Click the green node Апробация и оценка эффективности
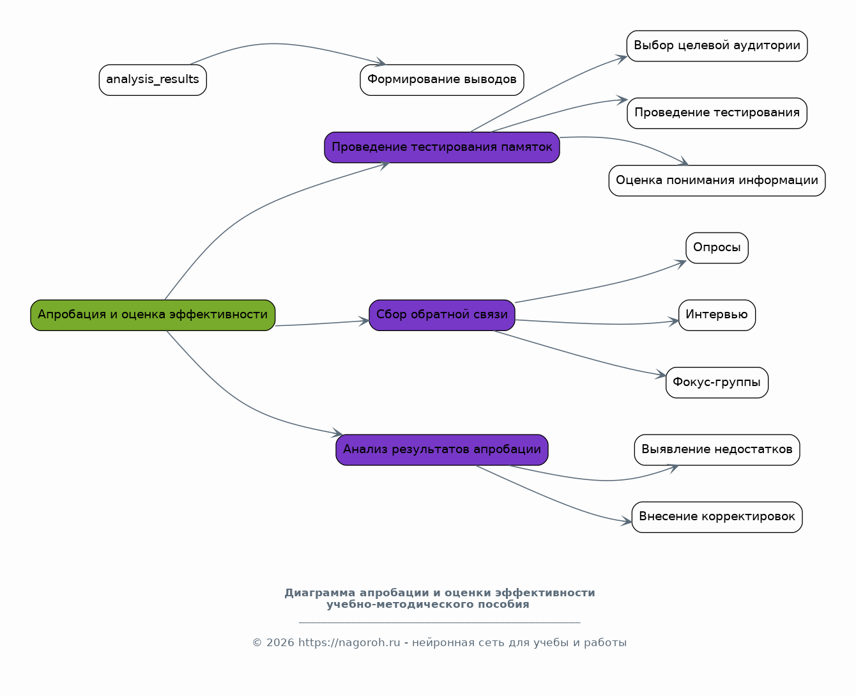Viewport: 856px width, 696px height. [153, 315]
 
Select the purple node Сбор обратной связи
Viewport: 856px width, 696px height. [441, 315]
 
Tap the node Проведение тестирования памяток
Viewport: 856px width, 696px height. [441, 148]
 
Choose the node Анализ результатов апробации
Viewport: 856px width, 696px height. [441, 450]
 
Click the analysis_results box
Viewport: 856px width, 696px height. [153, 80]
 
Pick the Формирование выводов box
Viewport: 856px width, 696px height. [441, 80]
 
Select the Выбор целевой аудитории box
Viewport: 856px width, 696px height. [717, 46]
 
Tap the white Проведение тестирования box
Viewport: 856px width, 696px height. [717, 113]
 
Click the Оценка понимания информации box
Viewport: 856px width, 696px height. [717, 180]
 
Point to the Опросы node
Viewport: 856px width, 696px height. [717, 248]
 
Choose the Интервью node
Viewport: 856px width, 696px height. [717, 315]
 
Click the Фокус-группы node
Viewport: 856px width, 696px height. [717, 383]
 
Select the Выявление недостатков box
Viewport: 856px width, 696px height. [717, 450]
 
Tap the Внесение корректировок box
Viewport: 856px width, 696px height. [717, 517]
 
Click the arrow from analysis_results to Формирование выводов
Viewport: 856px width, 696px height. [281, 44]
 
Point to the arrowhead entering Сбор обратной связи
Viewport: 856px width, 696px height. [363, 321]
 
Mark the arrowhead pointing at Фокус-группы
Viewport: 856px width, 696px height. [661, 375]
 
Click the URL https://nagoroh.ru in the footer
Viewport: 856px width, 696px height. [349, 642]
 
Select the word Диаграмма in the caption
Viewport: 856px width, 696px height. [320, 592]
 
